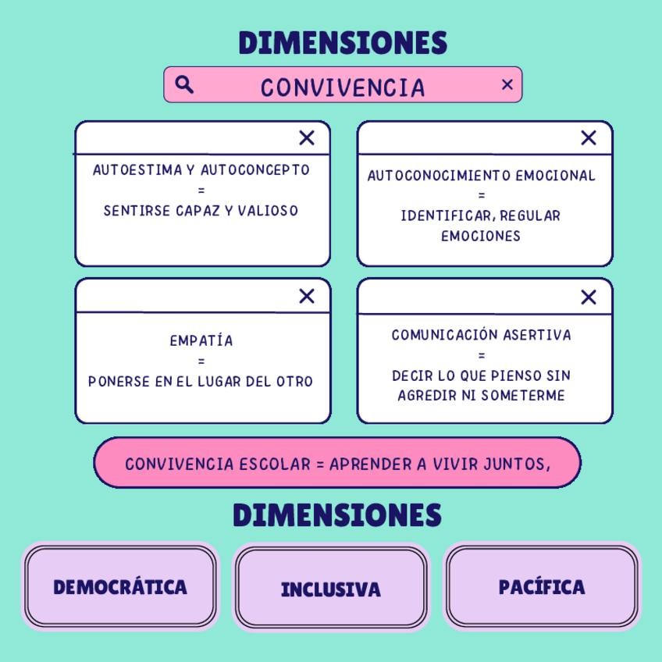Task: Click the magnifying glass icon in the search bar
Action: click(x=184, y=84)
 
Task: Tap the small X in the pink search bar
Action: click(x=507, y=84)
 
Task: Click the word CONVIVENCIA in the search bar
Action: click(x=343, y=87)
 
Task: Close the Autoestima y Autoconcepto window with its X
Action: click(x=307, y=138)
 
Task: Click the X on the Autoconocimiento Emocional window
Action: click(x=589, y=138)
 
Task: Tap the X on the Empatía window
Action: click(x=307, y=296)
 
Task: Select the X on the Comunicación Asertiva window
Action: click(x=589, y=297)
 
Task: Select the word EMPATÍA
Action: click(x=201, y=341)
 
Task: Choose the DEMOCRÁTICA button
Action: click(x=120, y=587)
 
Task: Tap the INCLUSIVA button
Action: click(x=331, y=589)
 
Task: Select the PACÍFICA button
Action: click(x=542, y=587)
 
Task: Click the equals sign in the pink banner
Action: click(x=319, y=464)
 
